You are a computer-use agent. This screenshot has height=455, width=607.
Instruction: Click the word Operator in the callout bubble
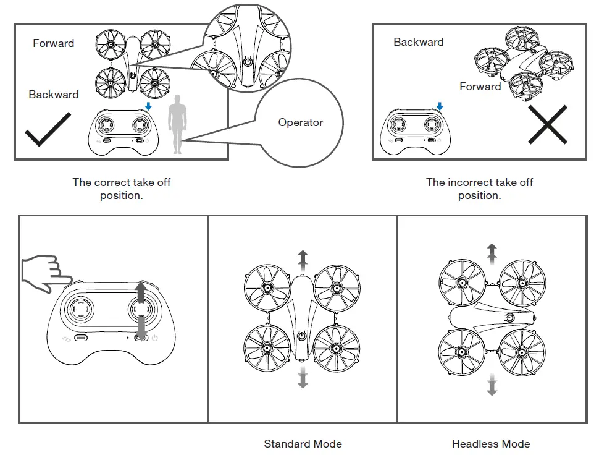(x=300, y=122)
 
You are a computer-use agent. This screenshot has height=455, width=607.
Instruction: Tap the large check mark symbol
(x=48, y=129)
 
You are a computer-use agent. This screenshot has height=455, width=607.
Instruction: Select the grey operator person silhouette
(x=178, y=124)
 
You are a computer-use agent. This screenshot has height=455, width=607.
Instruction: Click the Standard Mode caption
(x=303, y=444)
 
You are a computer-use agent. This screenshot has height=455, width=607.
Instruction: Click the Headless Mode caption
(x=491, y=444)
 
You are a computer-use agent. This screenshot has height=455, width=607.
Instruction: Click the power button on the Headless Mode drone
(x=509, y=318)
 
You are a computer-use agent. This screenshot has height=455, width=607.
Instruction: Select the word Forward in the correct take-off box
(x=54, y=43)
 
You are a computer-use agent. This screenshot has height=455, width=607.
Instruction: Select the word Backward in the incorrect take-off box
(x=418, y=42)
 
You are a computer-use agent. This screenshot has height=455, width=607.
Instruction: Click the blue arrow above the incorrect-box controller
(x=439, y=106)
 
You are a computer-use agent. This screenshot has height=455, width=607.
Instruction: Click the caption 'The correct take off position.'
(x=121, y=189)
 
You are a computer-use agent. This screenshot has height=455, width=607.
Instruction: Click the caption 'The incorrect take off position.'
(x=479, y=189)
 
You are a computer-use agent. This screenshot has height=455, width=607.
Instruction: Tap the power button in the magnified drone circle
(x=248, y=62)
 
